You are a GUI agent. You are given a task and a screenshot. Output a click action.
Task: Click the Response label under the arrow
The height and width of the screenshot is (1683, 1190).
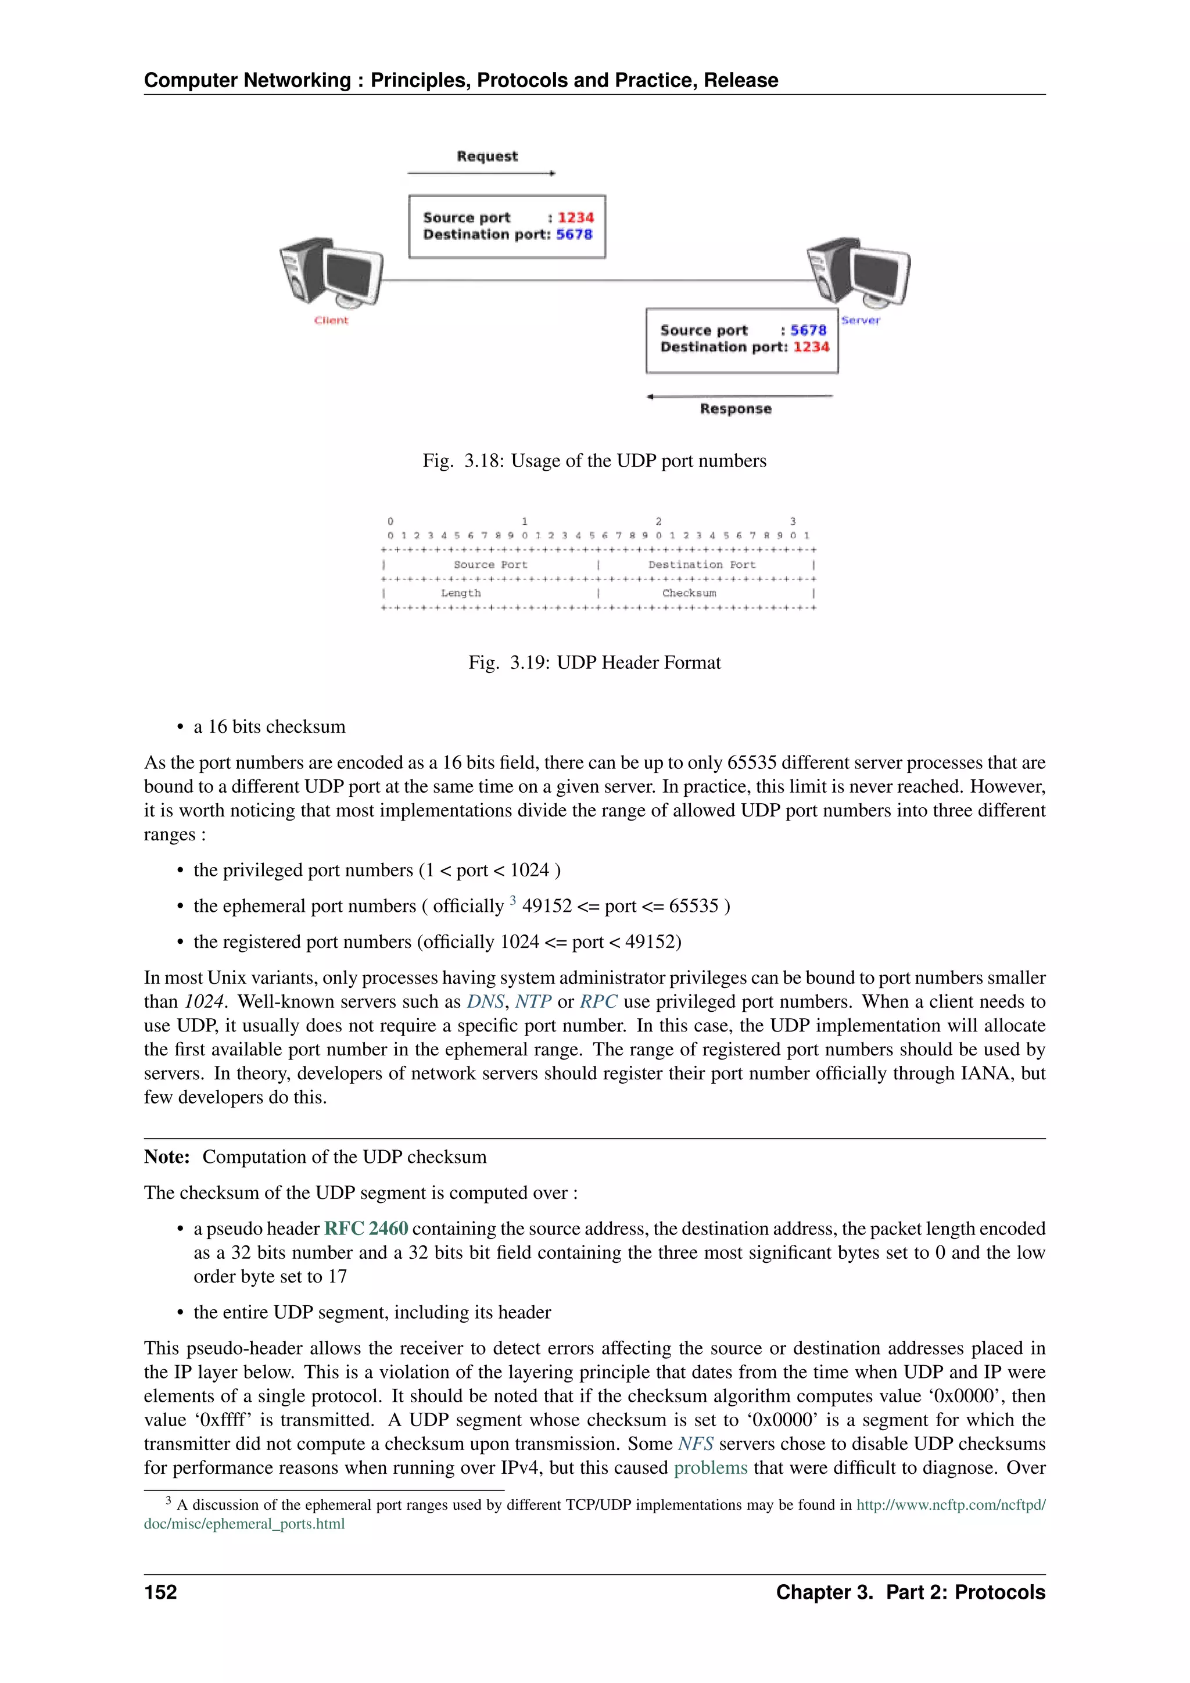[x=735, y=409]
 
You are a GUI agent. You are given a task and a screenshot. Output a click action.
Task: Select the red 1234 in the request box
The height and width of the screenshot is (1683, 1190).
[x=575, y=218]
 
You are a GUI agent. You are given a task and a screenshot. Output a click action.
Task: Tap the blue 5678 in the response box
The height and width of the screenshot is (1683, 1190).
[x=808, y=331]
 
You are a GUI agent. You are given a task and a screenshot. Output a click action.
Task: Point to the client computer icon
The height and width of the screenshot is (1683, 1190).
[x=331, y=272]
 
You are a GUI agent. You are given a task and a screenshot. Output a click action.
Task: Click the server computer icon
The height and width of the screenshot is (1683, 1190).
[x=859, y=272]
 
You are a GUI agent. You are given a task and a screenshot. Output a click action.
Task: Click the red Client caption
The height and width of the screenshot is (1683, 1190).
[x=331, y=320]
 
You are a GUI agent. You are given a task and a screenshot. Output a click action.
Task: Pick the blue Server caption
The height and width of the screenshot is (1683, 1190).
[x=861, y=320]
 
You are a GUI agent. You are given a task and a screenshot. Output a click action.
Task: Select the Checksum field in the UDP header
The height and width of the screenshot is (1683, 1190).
[x=689, y=593]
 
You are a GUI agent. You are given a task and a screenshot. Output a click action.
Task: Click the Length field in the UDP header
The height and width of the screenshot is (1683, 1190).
[x=461, y=593]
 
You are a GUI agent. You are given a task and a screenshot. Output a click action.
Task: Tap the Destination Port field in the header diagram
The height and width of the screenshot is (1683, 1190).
[x=701, y=564]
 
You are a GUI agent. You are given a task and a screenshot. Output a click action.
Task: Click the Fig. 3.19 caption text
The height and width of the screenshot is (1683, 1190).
[x=594, y=663]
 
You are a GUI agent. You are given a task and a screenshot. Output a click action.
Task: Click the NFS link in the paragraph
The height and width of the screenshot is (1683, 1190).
[x=696, y=1444]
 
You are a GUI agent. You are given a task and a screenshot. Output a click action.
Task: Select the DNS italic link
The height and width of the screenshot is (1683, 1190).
[x=485, y=1001]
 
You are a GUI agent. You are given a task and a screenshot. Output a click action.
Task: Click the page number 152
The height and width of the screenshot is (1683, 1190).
[x=160, y=1592]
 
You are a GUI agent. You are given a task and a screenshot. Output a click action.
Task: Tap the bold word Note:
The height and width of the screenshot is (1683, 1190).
[x=167, y=1156]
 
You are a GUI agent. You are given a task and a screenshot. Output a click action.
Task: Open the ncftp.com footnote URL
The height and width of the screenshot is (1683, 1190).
[x=951, y=1505]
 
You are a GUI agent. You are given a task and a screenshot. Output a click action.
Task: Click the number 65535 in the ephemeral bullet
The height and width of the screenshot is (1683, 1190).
[x=693, y=906]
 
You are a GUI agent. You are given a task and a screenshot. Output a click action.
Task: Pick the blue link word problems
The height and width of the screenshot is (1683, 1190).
[x=710, y=1467]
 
